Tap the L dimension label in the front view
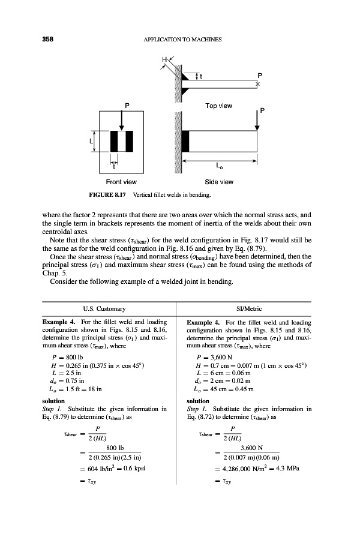(90, 142)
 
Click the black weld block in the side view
(185, 140)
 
